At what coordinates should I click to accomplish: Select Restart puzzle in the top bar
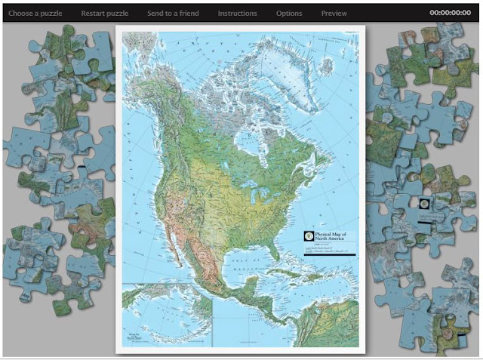point(105,13)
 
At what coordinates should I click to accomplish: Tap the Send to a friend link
point(173,13)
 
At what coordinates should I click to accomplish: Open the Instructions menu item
point(237,13)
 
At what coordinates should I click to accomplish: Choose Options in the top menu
point(289,13)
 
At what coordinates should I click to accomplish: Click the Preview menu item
point(334,13)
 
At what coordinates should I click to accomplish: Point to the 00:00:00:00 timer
point(450,13)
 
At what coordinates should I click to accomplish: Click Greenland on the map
point(302,60)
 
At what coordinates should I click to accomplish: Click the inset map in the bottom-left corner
point(166,313)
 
